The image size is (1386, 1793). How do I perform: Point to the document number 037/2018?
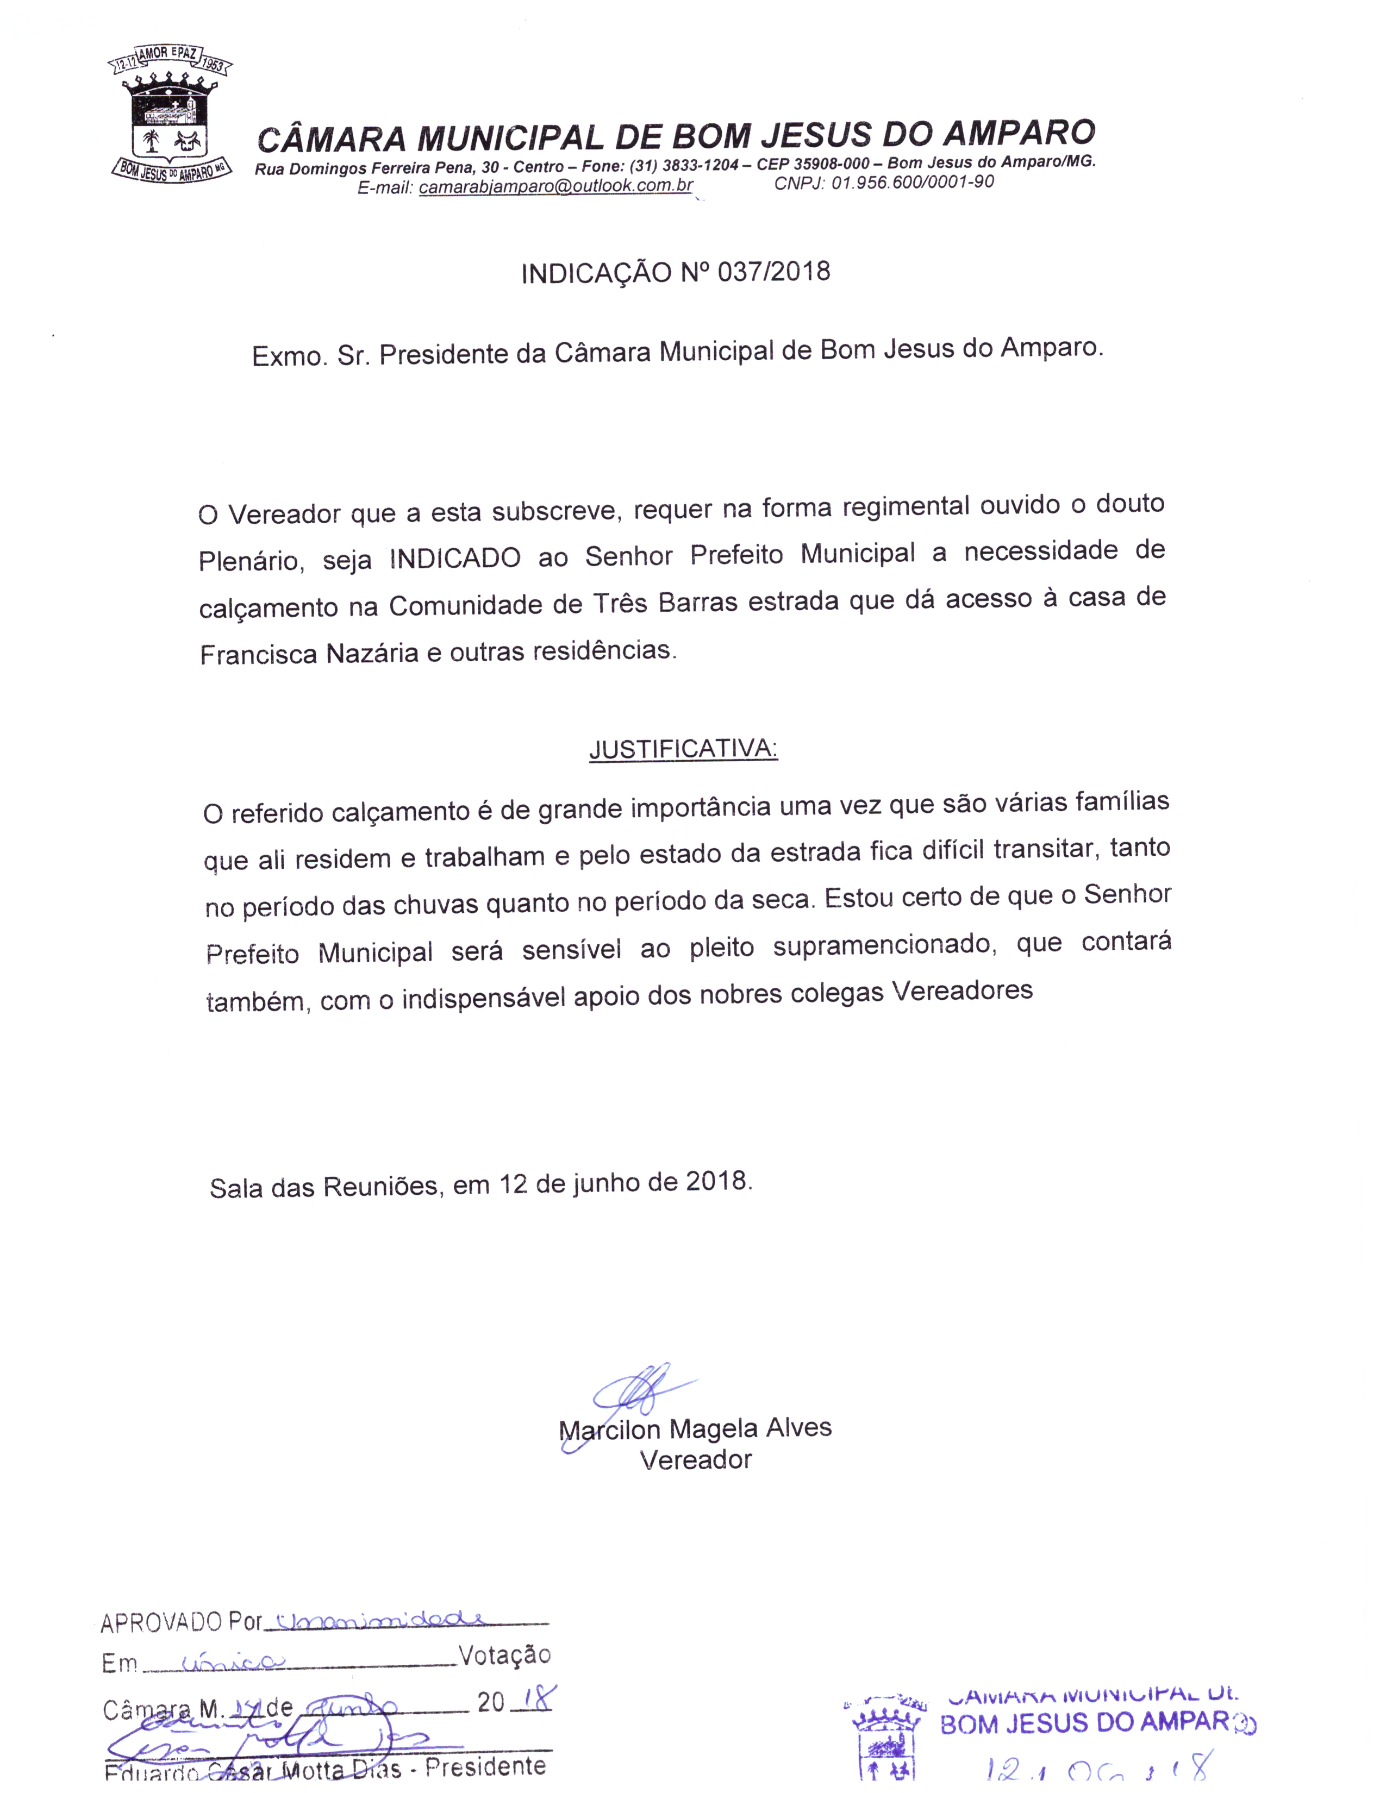773,271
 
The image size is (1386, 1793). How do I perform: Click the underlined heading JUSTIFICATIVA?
683,749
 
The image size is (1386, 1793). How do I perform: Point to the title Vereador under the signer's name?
696,1460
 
